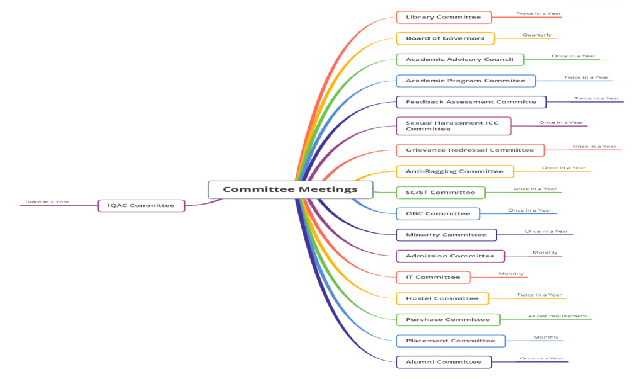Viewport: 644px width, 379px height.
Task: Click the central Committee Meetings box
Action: click(x=290, y=189)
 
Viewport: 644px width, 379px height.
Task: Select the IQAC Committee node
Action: click(x=142, y=205)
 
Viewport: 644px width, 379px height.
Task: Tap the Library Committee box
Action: click(x=443, y=17)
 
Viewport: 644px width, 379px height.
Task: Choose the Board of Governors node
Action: click(x=445, y=38)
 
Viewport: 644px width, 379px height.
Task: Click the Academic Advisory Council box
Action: click(x=460, y=60)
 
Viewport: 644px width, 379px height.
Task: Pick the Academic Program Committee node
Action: click(x=465, y=81)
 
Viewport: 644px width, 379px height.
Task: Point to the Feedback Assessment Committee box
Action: click(x=471, y=102)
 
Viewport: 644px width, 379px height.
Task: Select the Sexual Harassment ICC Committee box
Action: click(x=453, y=126)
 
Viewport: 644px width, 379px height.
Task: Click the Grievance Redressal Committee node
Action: click(x=470, y=150)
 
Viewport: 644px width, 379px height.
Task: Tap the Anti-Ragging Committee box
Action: click(x=455, y=171)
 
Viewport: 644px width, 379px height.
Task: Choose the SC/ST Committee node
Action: click(x=440, y=193)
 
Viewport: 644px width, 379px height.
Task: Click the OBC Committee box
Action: click(x=438, y=213)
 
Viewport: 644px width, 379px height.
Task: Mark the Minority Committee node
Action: click(x=446, y=235)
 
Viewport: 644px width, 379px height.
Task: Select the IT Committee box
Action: click(x=433, y=277)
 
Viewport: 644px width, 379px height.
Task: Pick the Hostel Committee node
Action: click(x=442, y=298)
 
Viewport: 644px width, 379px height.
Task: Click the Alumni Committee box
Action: click(x=443, y=362)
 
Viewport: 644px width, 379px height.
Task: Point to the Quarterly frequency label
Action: click(x=536, y=35)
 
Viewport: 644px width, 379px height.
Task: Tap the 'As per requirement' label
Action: click(x=557, y=316)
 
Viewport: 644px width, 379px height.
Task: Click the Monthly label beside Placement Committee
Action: click(x=546, y=337)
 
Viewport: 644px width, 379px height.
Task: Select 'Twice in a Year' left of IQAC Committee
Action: click(x=47, y=202)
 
